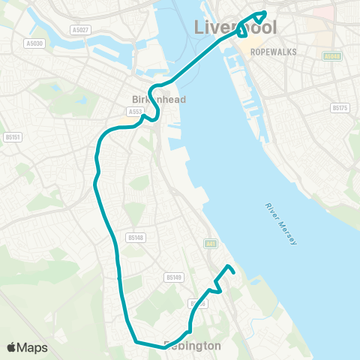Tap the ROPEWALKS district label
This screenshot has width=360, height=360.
click(x=274, y=52)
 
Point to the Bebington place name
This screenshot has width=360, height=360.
click(x=193, y=346)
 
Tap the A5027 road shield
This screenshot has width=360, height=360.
click(x=80, y=30)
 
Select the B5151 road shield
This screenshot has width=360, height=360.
click(x=12, y=136)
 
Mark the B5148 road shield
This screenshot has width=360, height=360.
click(x=135, y=238)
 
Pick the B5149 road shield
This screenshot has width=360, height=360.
click(x=174, y=277)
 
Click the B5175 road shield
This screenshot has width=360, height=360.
click(x=340, y=108)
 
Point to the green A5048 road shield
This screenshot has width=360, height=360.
click(x=332, y=55)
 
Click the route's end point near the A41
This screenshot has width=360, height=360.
click(x=234, y=271)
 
